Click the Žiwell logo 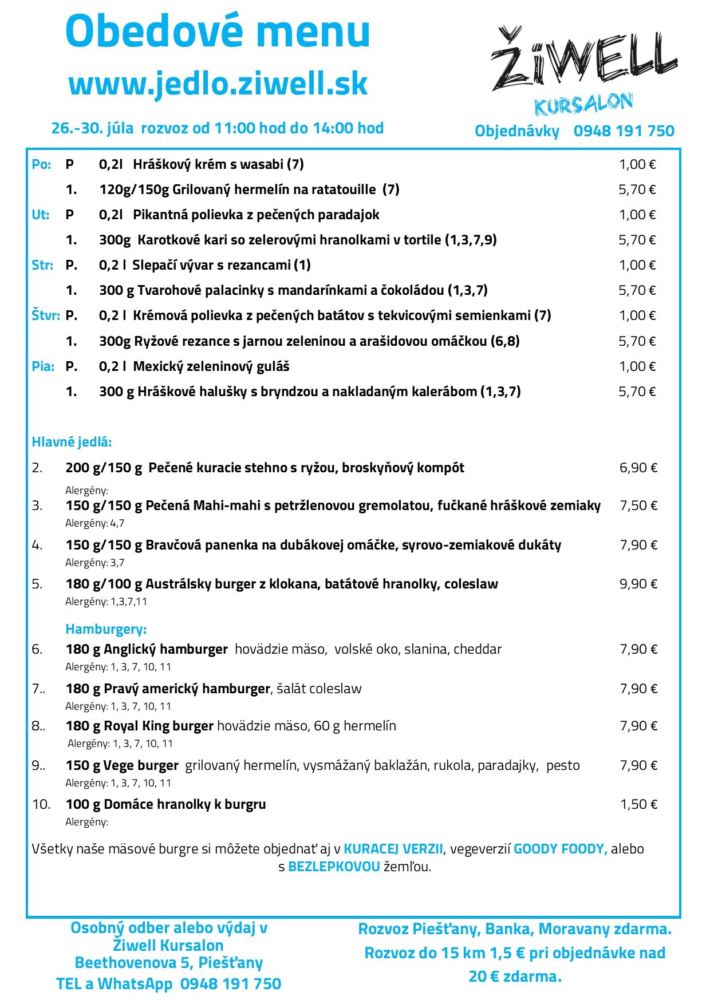(x=584, y=60)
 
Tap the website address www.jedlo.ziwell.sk (x=218, y=84)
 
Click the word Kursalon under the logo (x=583, y=105)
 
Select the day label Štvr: (x=45, y=315)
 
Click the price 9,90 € (x=638, y=584)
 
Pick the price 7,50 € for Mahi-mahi (x=638, y=505)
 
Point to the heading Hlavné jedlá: (x=72, y=442)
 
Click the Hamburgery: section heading (x=106, y=629)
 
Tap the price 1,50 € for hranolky (x=638, y=804)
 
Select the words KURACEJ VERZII (x=393, y=849)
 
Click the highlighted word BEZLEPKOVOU (x=334, y=867)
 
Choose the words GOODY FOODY (x=560, y=849)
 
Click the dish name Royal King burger (x=159, y=726)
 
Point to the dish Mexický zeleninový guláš (x=211, y=366)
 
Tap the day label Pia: (x=43, y=366)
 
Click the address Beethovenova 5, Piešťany (x=169, y=963)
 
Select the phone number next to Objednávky (x=624, y=131)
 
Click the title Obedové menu (x=218, y=31)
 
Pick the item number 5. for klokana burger (x=37, y=584)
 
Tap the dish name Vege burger (x=141, y=765)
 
